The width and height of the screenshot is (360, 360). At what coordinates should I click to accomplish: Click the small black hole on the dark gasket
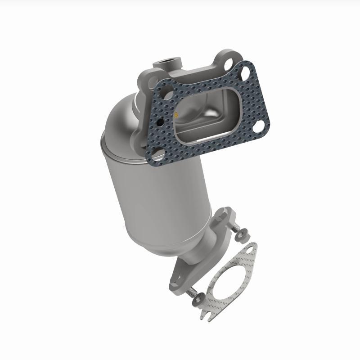160,122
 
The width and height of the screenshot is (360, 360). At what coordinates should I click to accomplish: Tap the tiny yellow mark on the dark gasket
177,114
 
